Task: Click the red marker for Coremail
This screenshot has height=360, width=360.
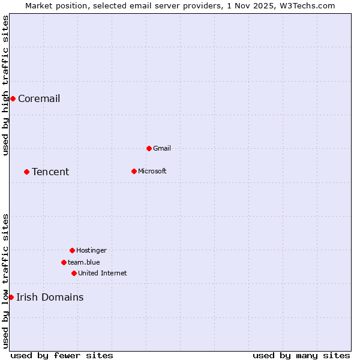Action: click(13, 98)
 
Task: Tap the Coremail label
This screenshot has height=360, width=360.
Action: click(39, 99)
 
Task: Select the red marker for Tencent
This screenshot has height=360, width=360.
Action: click(26, 172)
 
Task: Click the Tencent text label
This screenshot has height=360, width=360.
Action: click(50, 172)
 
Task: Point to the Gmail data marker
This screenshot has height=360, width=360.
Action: click(149, 148)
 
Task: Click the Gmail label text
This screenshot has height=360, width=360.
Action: click(162, 148)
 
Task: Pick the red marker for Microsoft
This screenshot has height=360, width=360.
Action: click(134, 171)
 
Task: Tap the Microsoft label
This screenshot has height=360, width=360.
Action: click(152, 171)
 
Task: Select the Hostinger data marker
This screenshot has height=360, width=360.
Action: click(72, 250)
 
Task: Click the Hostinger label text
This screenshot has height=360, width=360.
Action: click(91, 250)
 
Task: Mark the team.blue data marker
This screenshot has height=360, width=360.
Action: click(64, 262)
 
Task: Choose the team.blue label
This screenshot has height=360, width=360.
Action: click(84, 262)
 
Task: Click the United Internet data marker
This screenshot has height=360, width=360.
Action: click(74, 273)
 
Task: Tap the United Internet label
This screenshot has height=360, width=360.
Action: click(103, 273)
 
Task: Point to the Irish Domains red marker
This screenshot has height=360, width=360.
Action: click(11, 297)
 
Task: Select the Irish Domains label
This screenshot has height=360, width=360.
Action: click(50, 298)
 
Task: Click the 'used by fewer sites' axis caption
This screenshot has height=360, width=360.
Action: click(62, 355)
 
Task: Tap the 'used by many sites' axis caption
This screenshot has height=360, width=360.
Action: click(301, 355)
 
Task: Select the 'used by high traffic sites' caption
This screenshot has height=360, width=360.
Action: click(5, 85)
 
